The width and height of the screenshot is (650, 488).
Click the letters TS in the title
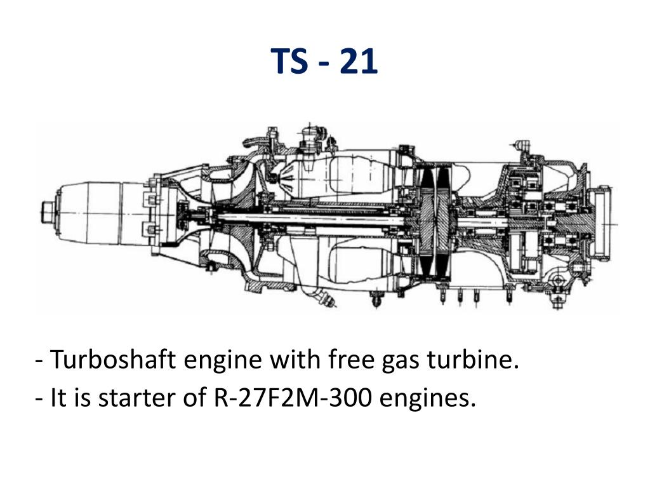(289, 61)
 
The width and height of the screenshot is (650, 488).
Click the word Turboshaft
(112, 359)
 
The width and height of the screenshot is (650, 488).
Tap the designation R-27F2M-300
(293, 397)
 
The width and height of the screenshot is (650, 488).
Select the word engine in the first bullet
(223, 361)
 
